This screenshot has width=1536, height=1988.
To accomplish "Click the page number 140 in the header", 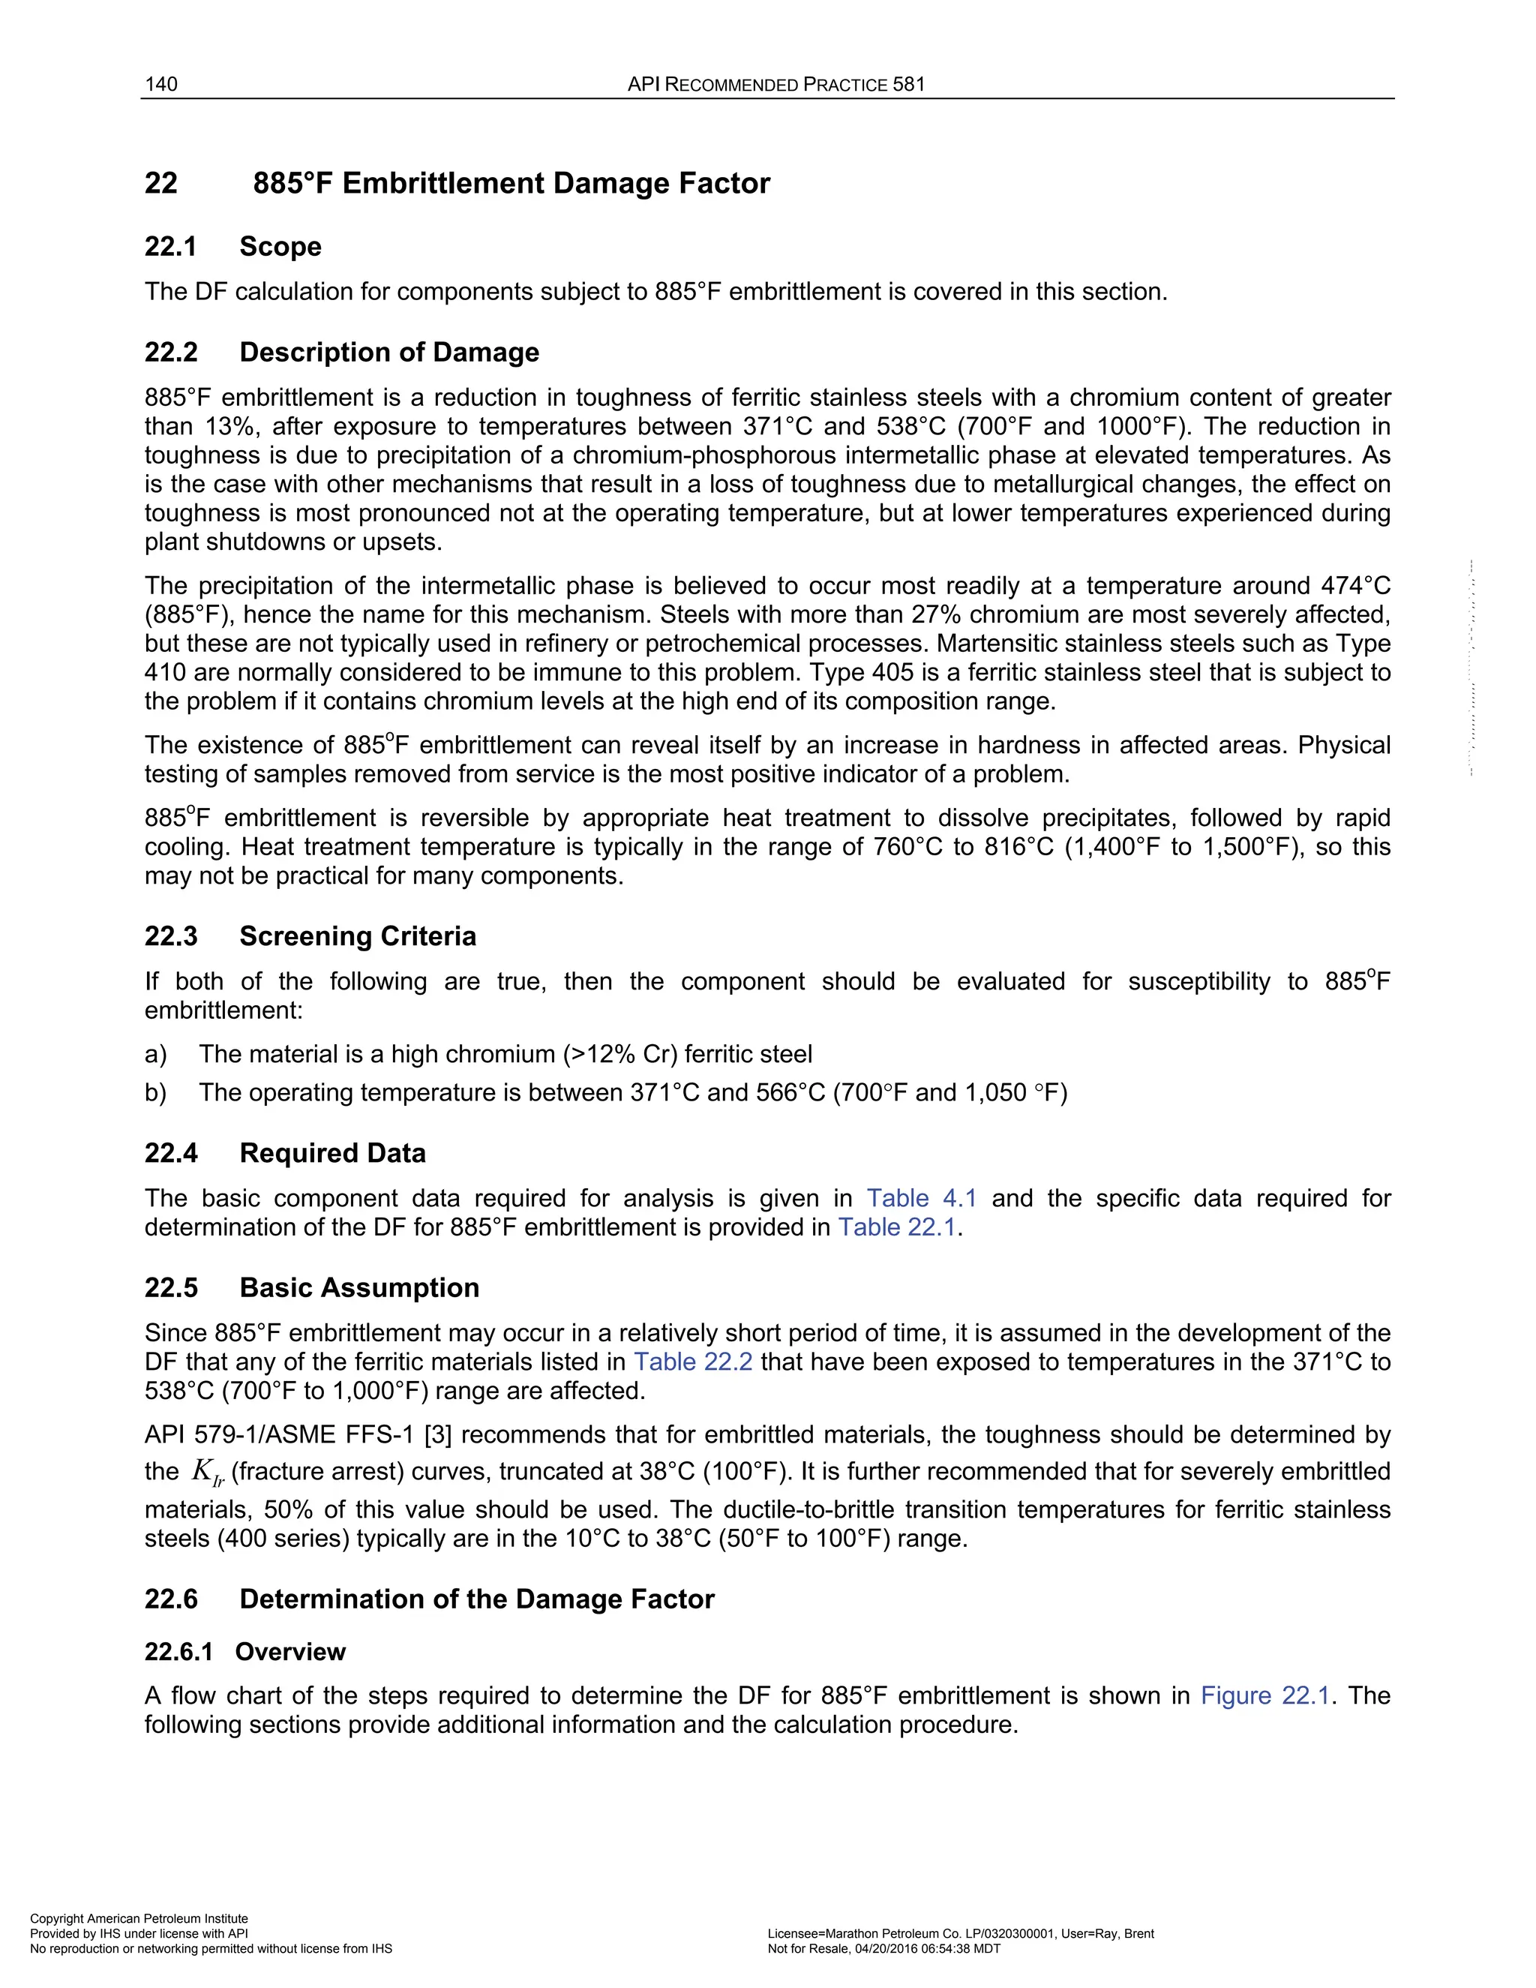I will [x=161, y=85].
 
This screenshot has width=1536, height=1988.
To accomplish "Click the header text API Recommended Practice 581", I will [x=776, y=85].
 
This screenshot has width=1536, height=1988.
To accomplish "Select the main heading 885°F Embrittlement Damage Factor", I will [x=511, y=183].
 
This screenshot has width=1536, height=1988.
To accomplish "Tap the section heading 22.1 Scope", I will [x=233, y=247].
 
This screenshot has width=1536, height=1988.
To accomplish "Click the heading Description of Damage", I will [x=388, y=353].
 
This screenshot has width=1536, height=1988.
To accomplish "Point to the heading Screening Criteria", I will [x=357, y=937].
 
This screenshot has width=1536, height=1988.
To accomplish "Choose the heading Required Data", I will [x=332, y=1153].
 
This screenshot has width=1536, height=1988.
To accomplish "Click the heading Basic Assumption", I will [x=358, y=1288].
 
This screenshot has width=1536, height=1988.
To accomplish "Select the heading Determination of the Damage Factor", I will [x=476, y=1599].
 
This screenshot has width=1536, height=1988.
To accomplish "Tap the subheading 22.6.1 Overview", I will [x=244, y=1652].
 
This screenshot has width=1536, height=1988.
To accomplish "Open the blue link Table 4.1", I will [x=921, y=1199].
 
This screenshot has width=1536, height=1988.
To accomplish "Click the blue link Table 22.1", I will [x=896, y=1228].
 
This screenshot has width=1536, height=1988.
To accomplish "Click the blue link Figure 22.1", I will [x=1264, y=1696].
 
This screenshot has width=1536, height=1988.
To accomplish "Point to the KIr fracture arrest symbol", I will [x=208, y=1472].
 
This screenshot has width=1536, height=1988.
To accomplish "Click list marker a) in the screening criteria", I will [x=155, y=1055].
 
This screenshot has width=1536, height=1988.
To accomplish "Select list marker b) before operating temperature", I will [x=155, y=1093].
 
